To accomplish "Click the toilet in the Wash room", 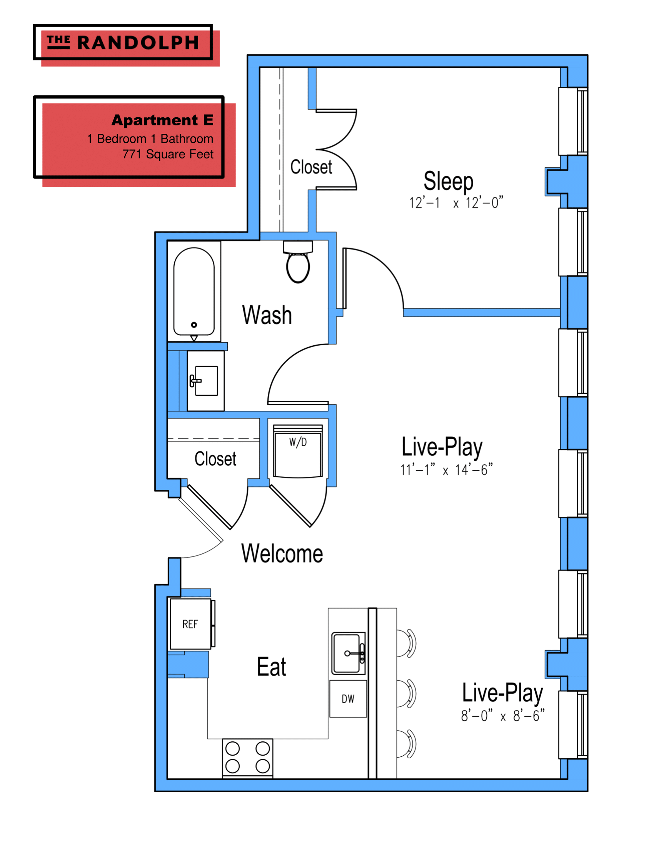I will click(x=298, y=263).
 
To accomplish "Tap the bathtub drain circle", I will click(x=194, y=325).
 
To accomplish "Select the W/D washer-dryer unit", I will click(x=298, y=451).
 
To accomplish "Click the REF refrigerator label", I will click(x=190, y=624).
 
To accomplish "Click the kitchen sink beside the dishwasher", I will click(x=347, y=653).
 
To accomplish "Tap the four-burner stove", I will click(x=248, y=757).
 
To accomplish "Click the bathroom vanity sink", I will click(x=206, y=381).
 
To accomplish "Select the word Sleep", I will click(x=448, y=181).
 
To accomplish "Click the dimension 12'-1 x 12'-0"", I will click(x=456, y=203).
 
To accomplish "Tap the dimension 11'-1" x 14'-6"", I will click(x=446, y=470).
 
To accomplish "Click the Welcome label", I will click(x=282, y=553).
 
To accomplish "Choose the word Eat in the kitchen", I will click(x=272, y=667).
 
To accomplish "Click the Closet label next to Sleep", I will click(x=311, y=167).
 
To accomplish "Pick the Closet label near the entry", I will click(x=215, y=459).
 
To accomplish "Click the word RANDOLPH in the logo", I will click(x=138, y=43).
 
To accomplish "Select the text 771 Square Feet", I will click(x=168, y=154).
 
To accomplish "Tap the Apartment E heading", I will click(x=163, y=120).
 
